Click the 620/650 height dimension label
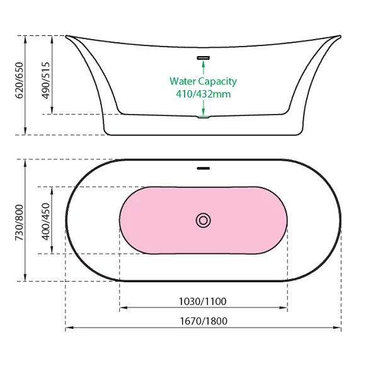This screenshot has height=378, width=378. [x=20, y=80]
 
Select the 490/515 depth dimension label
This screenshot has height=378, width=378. [x=46, y=80]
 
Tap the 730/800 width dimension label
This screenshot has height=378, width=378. [x=20, y=222]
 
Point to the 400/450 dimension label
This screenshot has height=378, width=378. [x=46, y=222]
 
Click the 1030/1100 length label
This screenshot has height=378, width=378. [x=202, y=301]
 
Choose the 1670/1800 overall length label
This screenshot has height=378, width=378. [x=203, y=321]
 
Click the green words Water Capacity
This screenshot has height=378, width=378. [x=203, y=81]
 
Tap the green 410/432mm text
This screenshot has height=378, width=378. [x=203, y=94]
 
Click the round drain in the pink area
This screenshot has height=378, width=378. [x=203, y=220]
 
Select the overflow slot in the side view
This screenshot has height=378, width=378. [x=203, y=57]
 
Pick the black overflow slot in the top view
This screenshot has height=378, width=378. [x=203, y=168]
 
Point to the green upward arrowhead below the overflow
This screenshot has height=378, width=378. [x=203, y=63]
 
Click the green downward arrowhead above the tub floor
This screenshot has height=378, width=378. [x=203, y=112]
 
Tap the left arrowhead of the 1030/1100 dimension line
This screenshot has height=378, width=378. [x=123, y=307]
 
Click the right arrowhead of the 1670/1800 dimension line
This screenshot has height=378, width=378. [x=337, y=328]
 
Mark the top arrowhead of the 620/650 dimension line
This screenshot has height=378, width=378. [x=25, y=40]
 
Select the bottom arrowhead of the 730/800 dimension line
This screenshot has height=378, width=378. [x=25, y=277]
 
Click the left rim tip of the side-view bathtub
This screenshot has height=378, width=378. [x=66, y=36]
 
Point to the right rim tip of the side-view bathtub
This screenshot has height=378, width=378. [x=340, y=36]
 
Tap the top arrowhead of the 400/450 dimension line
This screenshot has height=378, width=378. [x=52, y=191]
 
